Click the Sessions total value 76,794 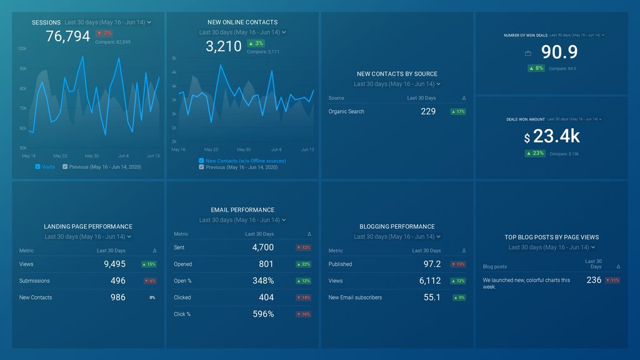(x=68, y=37)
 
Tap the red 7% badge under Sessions (x=104, y=33)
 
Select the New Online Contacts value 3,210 (x=223, y=46)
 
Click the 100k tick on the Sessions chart (x=22, y=48)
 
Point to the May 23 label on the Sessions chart (x=60, y=156)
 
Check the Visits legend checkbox (x=38, y=167)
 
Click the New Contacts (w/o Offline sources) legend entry (x=246, y=161)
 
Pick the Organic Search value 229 (x=428, y=111)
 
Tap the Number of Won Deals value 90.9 (x=559, y=52)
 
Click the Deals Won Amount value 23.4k (x=556, y=136)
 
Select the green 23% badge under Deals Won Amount (x=535, y=153)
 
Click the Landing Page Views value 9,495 (x=114, y=264)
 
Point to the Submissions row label (x=34, y=281)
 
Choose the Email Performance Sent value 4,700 (x=262, y=247)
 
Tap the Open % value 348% (x=262, y=281)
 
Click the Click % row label (x=182, y=314)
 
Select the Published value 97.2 (x=432, y=264)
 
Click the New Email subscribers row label (x=355, y=297)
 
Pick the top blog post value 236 (x=594, y=280)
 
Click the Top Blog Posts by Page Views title (x=552, y=237)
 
